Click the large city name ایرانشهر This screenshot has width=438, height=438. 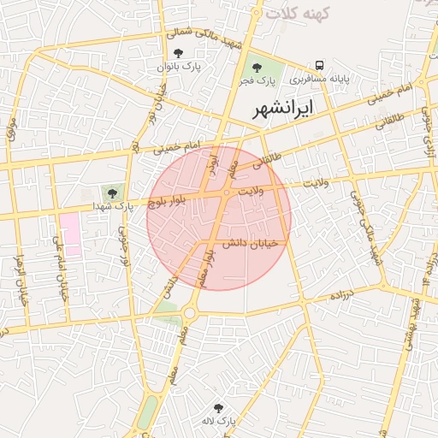coord(283,109)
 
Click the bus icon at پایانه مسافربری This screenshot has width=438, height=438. coord(319,65)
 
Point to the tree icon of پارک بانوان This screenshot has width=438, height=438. coord(178,53)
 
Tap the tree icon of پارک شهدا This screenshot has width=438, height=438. coord(111,192)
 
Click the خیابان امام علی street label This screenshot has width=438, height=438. coord(60,266)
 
